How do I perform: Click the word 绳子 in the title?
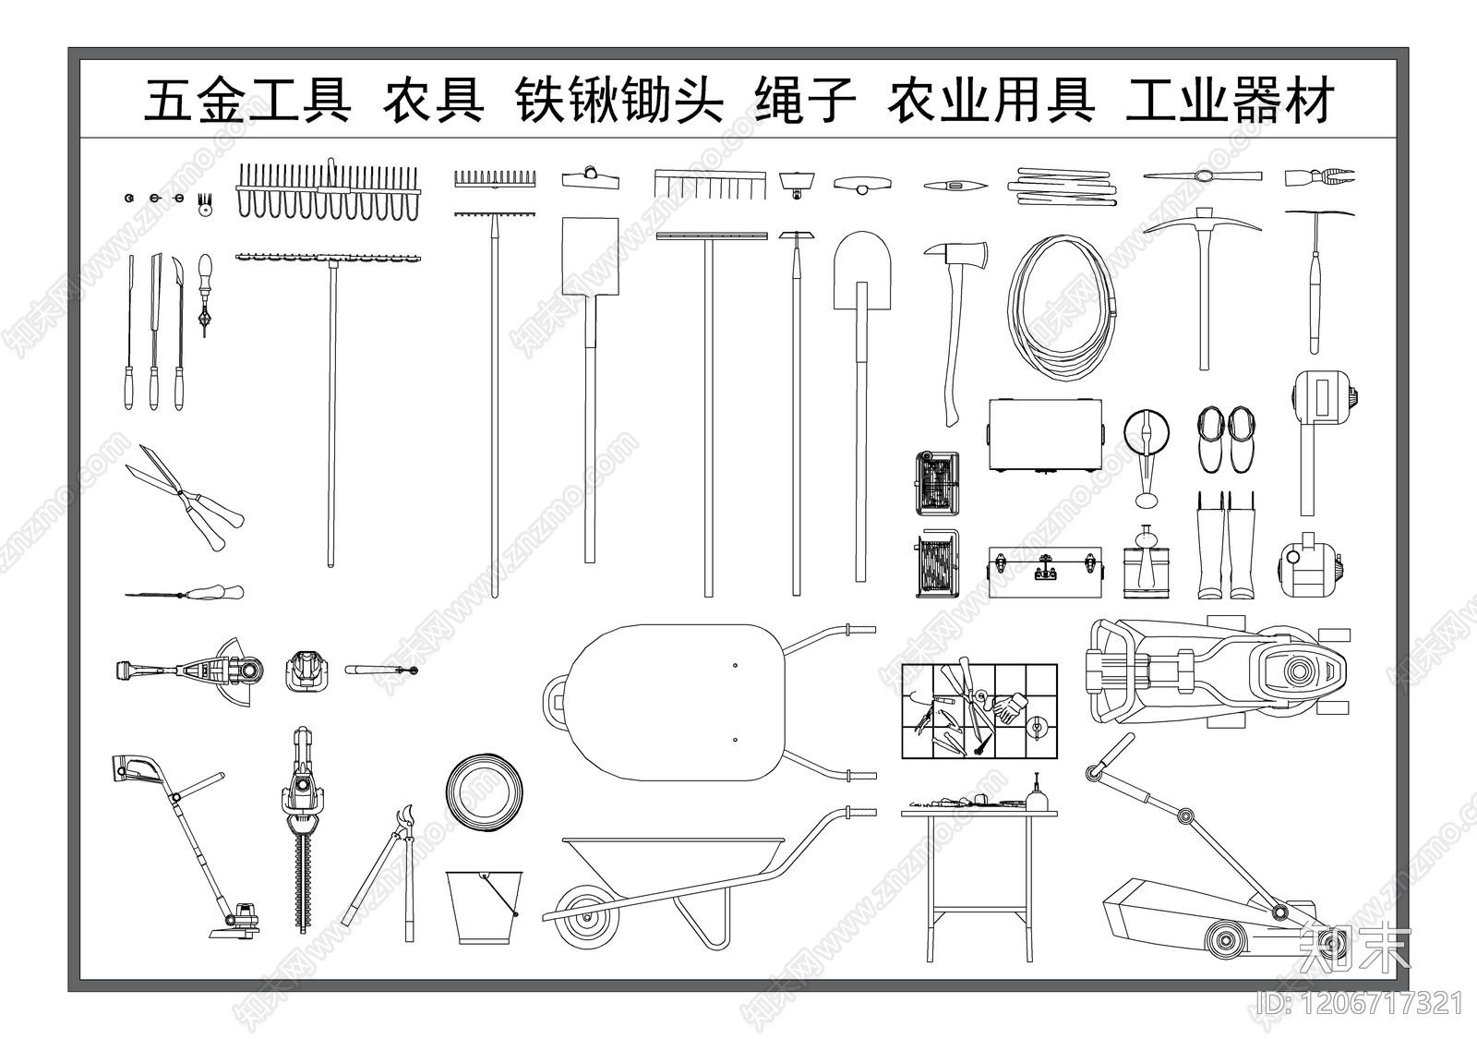click(805, 102)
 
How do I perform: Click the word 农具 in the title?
click(434, 102)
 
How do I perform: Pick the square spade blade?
click(589, 256)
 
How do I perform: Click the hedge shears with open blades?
click(185, 496)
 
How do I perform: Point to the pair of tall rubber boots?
click(1226, 547)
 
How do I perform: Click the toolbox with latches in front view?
click(1045, 573)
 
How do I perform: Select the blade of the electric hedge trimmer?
click(303, 882)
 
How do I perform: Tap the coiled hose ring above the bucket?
click(483, 792)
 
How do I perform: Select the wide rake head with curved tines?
click(330, 192)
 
